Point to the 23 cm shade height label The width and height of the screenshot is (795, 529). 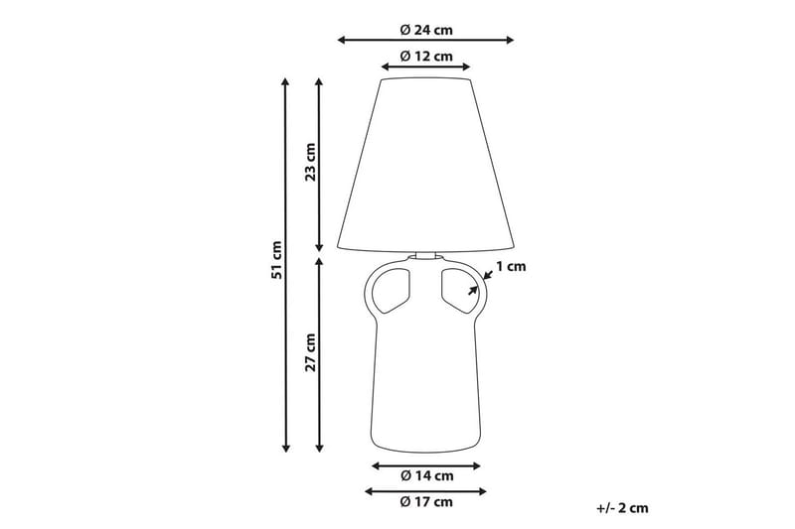tap(310, 162)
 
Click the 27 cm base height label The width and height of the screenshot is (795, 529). tap(310, 351)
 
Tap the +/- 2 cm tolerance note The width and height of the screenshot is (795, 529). tap(622, 507)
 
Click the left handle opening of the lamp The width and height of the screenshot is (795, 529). tap(392, 286)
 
